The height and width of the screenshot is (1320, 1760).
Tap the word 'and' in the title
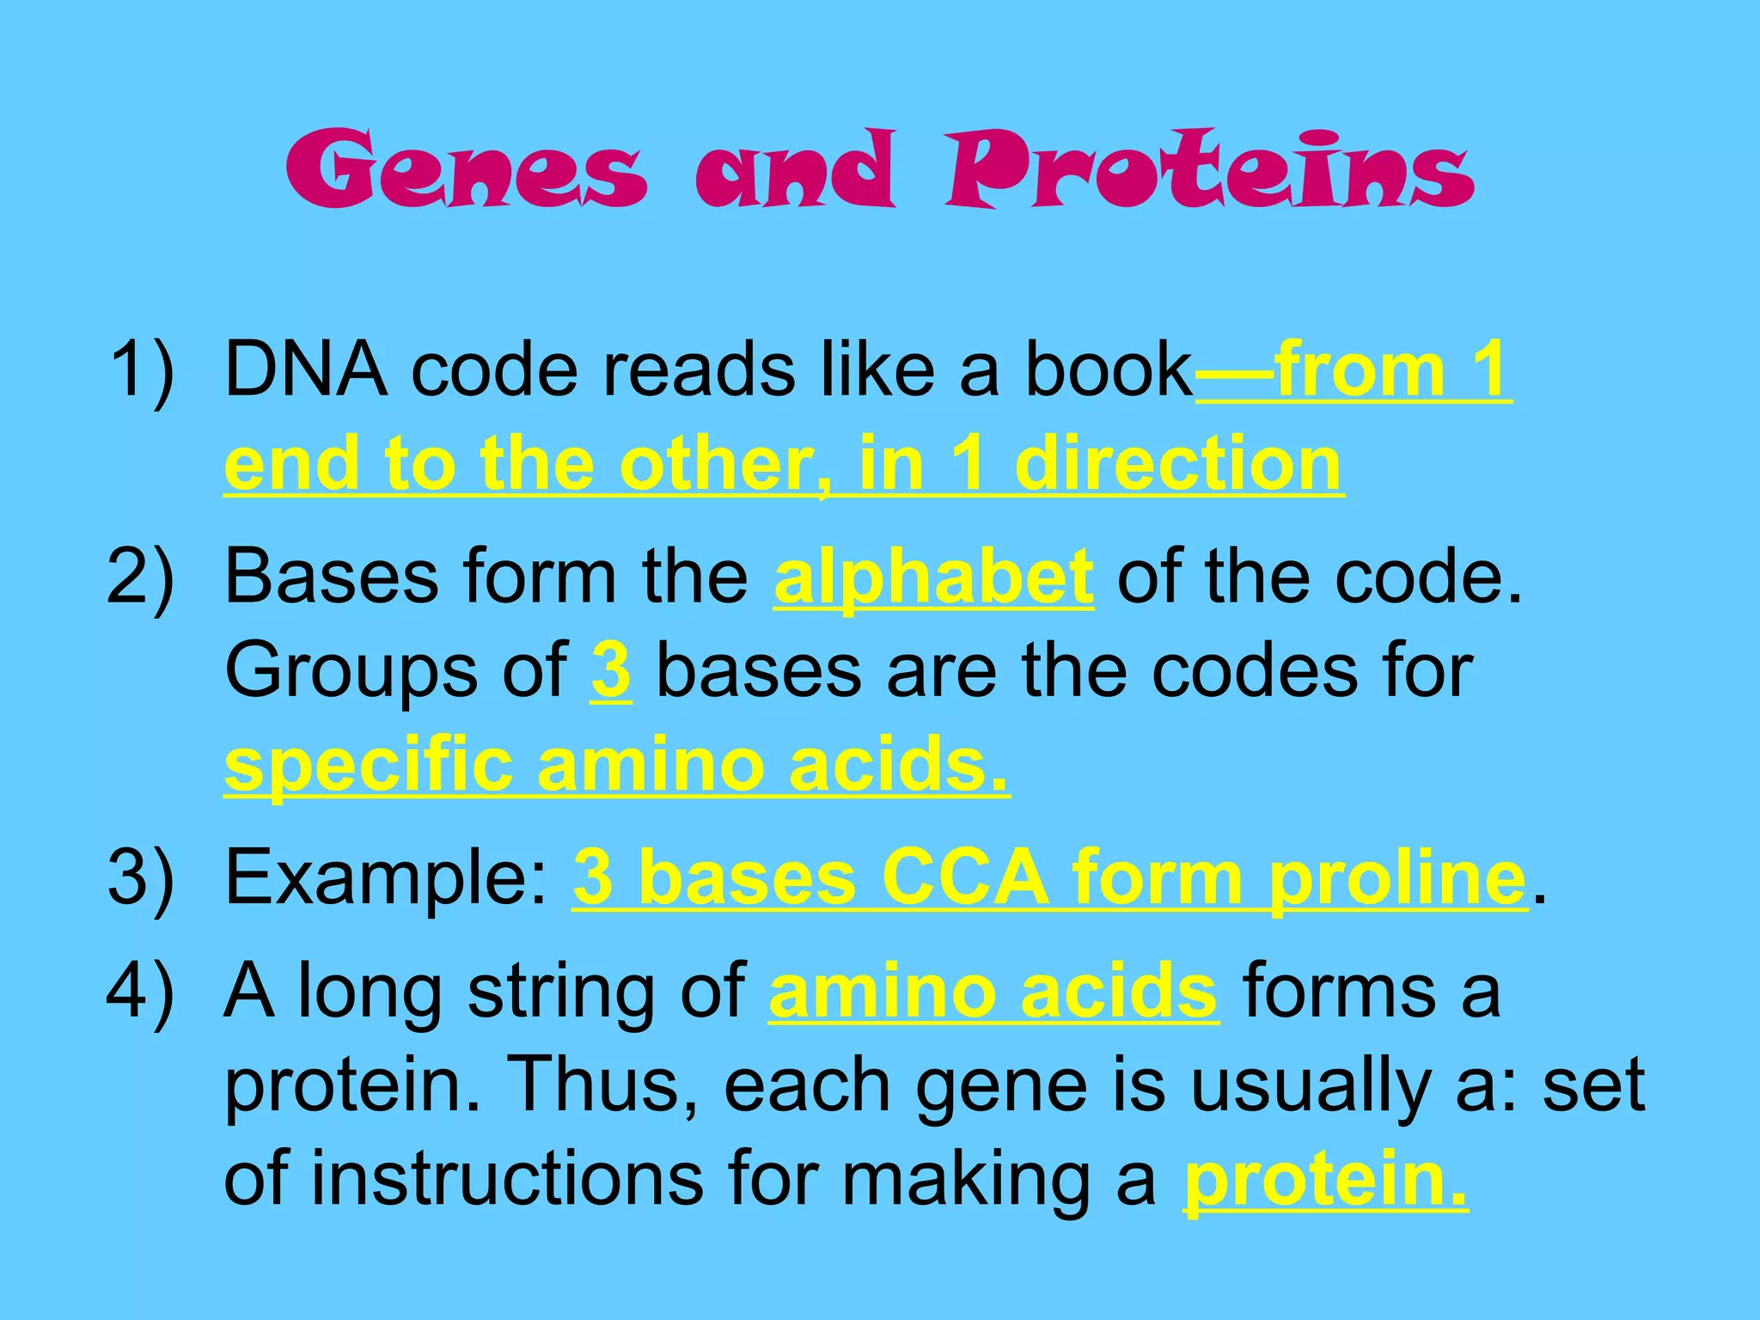pyautogui.click(x=794, y=169)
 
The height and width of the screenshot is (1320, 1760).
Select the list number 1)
pyautogui.click(x=142, y=370)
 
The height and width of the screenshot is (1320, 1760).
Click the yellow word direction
pyautogui.click(x=1177, y=464)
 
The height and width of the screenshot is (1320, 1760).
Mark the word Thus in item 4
pyautogui.click(x=602, y=1085)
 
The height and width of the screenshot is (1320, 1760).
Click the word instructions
pyautogui.click(x=507, y=1178)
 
